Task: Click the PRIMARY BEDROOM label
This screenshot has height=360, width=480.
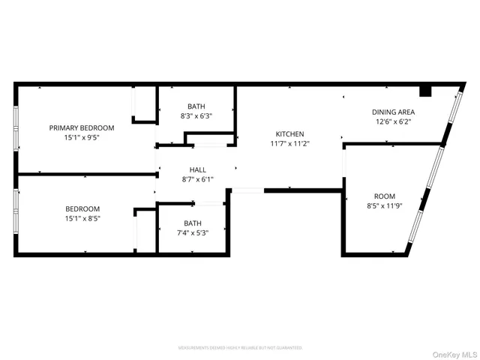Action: pos(82,128)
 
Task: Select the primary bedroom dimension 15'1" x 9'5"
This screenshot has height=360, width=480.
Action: pos(82,138)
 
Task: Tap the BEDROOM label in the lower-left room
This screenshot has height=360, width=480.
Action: pos(82,208)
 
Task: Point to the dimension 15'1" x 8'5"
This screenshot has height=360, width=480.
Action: pos(82,218)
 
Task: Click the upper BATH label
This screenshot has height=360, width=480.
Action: pos(196,106)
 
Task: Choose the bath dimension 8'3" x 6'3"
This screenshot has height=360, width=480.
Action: pos(196,116)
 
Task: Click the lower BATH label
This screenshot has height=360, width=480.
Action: pos(193,223)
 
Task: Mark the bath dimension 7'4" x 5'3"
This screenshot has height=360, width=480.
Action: pos(193,232)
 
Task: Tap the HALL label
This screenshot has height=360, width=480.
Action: pos(196,169)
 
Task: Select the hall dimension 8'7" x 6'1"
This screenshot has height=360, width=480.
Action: pos(196,179)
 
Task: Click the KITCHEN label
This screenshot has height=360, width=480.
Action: pos(289,133)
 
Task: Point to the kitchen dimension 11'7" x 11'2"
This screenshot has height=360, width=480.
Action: pos(289,143)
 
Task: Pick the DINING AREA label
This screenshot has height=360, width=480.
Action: pos(394,112)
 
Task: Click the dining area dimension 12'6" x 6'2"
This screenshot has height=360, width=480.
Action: pos(394,121)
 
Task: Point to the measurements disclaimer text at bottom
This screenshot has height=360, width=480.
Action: pos(240,348)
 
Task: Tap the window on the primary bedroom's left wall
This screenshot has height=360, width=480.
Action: pos(16,127)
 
